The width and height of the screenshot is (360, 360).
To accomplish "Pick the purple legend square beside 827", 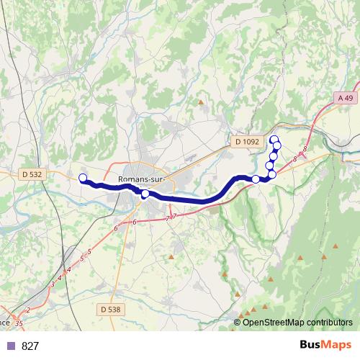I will point(10,346).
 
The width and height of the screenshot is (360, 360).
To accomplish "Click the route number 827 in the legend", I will point(30,346).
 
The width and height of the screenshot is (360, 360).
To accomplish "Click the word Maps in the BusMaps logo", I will point(335,345).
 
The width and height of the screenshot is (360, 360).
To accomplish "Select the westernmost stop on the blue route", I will point(82,178).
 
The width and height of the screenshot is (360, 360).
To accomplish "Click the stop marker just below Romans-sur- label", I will point(145,194).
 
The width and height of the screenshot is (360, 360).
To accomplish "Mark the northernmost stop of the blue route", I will point(273,139).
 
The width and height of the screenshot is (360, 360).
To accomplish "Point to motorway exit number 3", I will point(53,284).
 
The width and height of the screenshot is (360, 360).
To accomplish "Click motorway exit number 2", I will point(28,310).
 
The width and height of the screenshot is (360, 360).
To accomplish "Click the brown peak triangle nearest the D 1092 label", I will point(201,102).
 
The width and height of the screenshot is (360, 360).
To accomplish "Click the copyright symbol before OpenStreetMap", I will point(238,322).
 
